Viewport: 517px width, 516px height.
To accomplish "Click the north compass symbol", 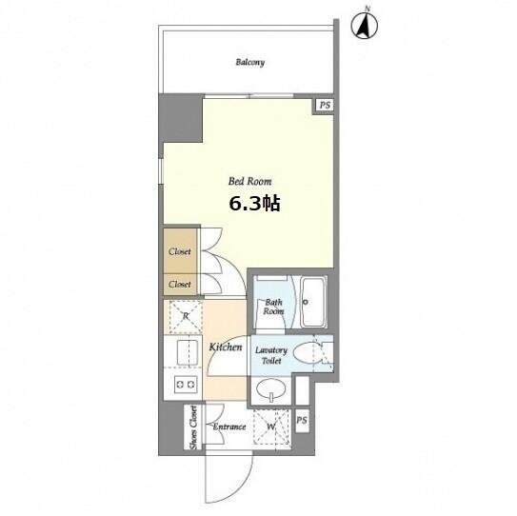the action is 365,26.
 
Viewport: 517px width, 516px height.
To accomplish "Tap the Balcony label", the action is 249,62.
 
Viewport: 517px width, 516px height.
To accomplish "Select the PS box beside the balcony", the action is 325,105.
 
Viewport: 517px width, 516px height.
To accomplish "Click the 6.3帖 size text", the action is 254,204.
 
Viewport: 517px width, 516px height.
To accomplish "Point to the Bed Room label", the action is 249,181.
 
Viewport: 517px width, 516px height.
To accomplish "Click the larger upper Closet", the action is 180,251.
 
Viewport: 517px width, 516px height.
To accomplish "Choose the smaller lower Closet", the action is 180,284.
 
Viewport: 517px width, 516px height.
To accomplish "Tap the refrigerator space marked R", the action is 186,316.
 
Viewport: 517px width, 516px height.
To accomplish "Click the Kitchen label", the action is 226,347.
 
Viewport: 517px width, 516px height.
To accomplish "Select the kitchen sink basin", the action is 188,352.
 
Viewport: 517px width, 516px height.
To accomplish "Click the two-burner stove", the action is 186,384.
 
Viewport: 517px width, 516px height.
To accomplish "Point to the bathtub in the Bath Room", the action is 313,302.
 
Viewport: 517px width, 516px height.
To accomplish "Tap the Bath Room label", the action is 273,307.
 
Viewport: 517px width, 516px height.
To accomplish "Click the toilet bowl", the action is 308,353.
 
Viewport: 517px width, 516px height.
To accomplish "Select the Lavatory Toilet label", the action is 271,355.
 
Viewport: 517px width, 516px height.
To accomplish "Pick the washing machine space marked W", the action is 270,427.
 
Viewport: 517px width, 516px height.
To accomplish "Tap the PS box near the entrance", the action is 302,421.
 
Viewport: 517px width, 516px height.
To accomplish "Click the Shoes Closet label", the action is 194,427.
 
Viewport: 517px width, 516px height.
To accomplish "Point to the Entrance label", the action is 229,427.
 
